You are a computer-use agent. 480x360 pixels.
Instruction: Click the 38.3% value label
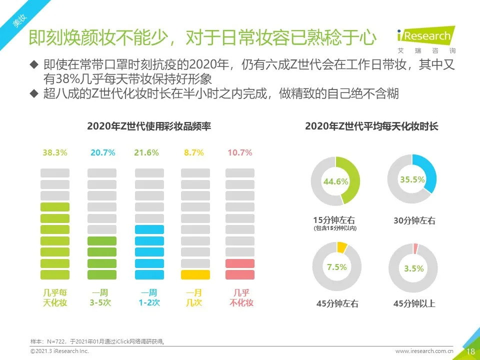[55, 153]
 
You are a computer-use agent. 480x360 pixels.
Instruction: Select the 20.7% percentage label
[102, 153]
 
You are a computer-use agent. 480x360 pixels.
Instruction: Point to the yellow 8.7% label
[194, 153]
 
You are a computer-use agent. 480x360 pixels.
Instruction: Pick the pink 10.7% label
[240, 153]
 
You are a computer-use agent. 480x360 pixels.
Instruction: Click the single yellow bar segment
[195, 274]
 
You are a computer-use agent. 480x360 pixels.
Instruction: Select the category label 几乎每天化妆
[55, 297]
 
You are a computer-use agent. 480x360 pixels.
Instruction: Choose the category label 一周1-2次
[149, 297]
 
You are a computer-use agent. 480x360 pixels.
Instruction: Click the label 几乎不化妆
[241, 297]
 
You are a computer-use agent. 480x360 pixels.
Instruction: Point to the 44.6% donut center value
[335, 181]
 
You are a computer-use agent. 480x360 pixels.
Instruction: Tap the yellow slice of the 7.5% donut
[342, 246]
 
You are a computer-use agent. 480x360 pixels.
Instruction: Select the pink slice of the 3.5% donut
[415, 248]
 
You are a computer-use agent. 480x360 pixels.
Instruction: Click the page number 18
[470, 351]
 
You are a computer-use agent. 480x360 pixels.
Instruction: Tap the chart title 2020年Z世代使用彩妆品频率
[149, 126]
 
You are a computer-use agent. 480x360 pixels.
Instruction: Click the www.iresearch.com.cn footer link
[424, 351]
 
